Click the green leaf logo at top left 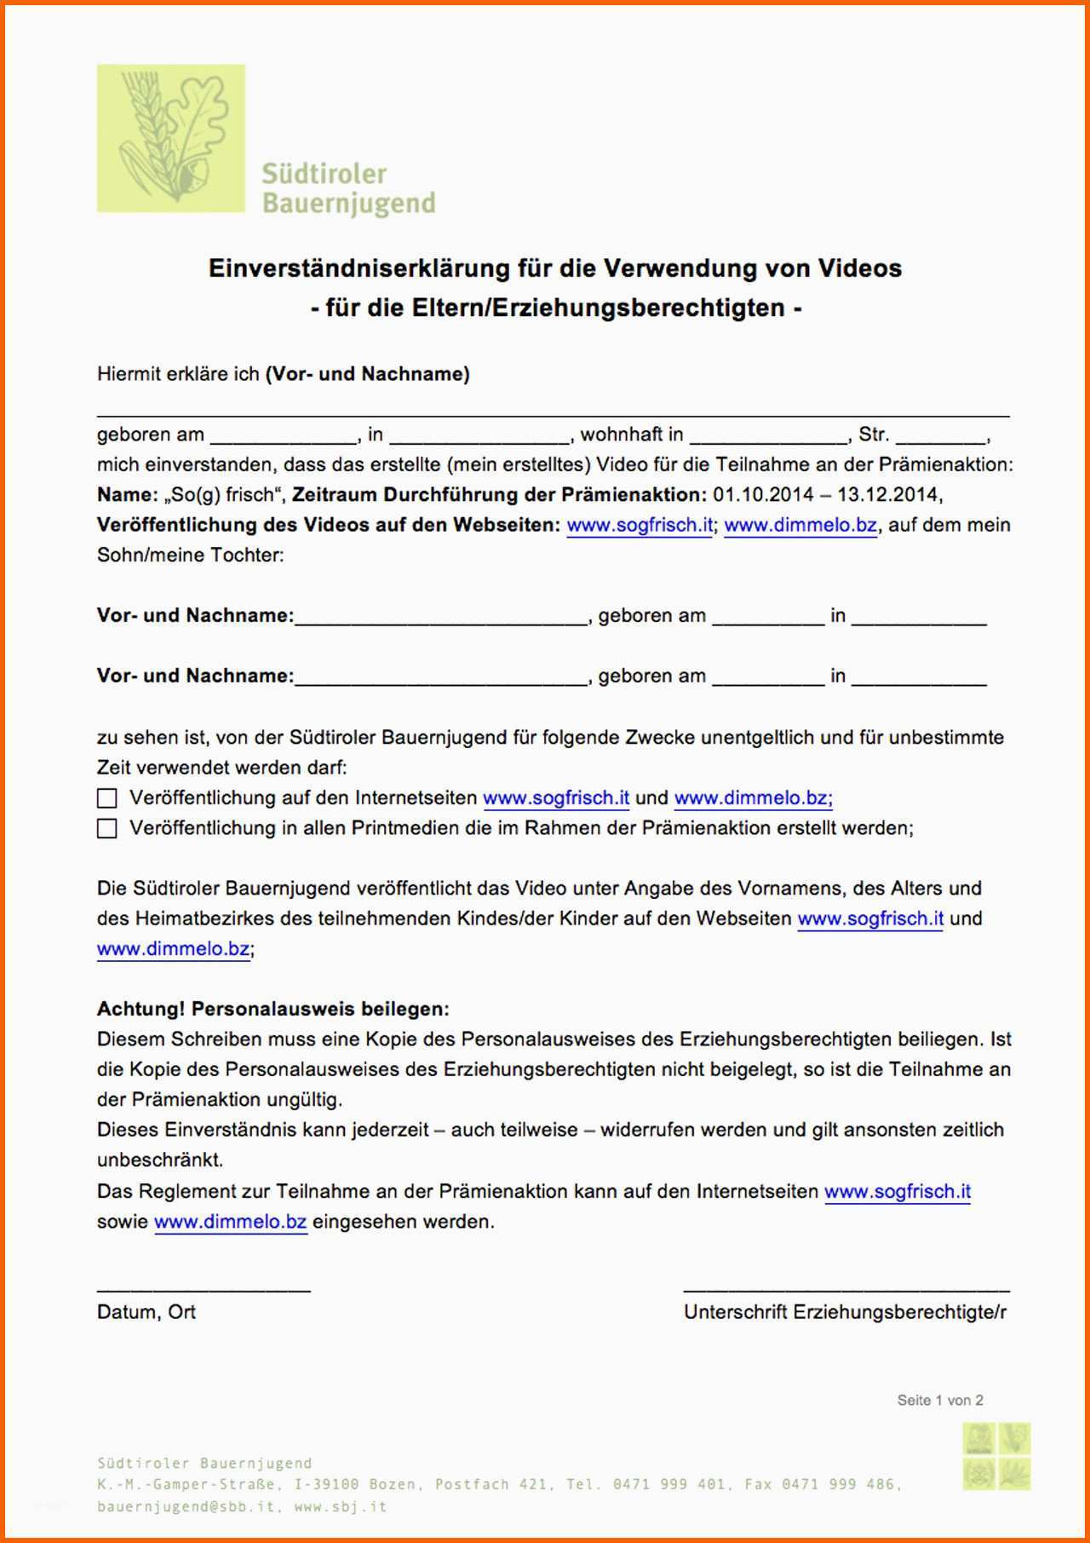pos(170,138)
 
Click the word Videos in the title pos(859,268)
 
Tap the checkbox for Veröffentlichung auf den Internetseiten pos(107,798)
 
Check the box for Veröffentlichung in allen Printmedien pos(107,828)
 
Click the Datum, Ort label pos(146,1312)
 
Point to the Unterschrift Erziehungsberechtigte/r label pos(845,1312)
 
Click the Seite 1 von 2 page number pos(940,1400)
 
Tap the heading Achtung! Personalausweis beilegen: pos(272,1010)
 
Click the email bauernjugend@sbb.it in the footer pos(186,1506)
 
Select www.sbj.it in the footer pos(341,1506)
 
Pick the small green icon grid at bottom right pos(996,1456)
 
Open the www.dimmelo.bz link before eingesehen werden pos(230,1222)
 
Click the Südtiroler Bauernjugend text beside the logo pos(347,188)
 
